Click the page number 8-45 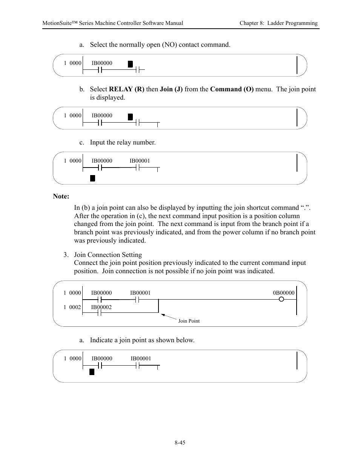180,443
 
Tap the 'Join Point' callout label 189,321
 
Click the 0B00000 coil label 283,293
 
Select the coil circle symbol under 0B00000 281,300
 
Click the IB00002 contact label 101,307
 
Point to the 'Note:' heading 61,196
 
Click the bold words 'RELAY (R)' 126,89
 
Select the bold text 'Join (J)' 171,89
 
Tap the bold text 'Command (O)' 232,89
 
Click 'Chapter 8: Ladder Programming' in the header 278,23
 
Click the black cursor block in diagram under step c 92,178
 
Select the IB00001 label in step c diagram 140,161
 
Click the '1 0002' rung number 72,307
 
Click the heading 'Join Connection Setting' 108,255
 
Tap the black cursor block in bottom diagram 92,372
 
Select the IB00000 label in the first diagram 102,63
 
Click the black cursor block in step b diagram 130,117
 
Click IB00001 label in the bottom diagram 141,358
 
